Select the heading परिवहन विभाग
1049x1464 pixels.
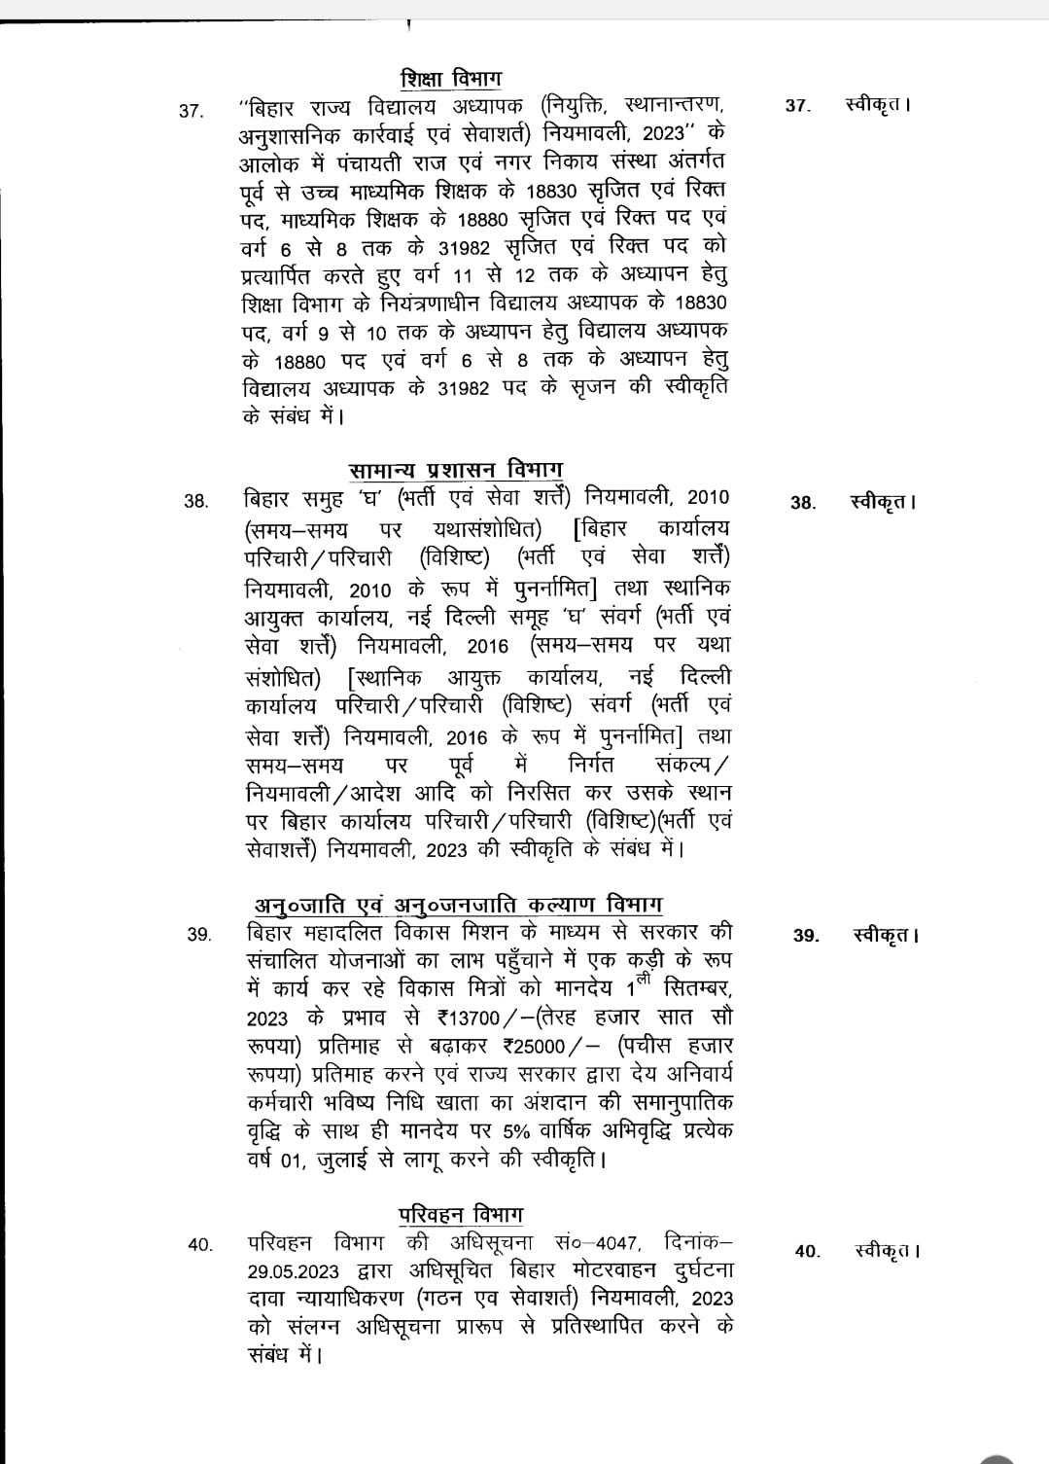[x=461, y=1215]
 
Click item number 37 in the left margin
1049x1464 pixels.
[x=192, y=111]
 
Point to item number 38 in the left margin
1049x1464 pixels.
[x=195, y=502]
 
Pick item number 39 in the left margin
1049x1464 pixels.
[x=198, y=935]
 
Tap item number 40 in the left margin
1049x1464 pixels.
[x=200, y=1244]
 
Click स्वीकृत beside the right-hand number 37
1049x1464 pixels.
[x=878, y=105]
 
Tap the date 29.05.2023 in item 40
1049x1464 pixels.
[x=293, y=1272]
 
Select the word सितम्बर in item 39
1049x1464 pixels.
[x=698, y=988]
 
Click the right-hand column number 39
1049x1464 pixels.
[x=806, y=936]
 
